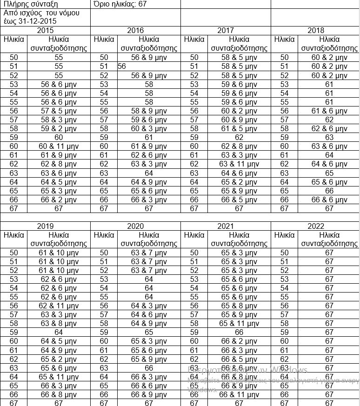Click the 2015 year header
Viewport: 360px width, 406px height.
45,31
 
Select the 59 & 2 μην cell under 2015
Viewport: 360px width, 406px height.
58,129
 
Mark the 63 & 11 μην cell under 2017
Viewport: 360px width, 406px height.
239,164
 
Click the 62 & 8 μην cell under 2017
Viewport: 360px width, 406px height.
239,146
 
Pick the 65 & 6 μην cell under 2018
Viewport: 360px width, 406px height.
329,182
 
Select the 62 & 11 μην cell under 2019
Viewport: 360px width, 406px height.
58,306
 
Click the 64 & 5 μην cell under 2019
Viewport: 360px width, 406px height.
58,341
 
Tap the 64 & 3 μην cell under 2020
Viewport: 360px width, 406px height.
149,306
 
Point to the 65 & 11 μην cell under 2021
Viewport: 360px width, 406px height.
239,324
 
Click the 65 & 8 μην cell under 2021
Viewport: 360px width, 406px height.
239,306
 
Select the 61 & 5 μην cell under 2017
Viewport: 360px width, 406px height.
239,129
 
